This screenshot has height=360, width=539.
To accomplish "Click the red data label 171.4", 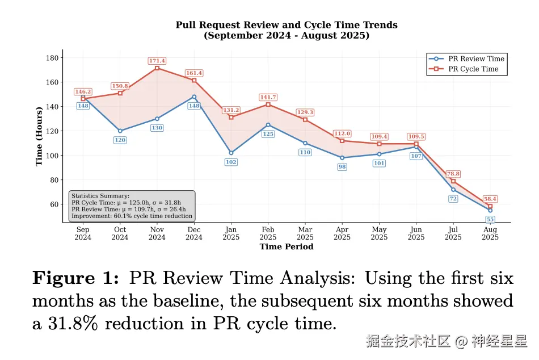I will click(x=157, y=61).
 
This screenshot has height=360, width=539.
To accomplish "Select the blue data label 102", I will click(x=231, y=162).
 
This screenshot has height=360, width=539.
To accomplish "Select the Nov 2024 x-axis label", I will click(x=157, y=233).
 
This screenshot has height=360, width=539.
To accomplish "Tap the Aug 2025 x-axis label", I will click(x=490, y=233).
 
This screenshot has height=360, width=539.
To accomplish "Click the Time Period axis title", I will click(x=287, y=246).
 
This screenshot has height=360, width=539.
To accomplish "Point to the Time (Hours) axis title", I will click(x=39, y=135).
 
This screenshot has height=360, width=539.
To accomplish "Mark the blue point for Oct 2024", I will click(x=120, y=131).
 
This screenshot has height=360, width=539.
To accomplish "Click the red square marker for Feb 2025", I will click(x=268, y=104).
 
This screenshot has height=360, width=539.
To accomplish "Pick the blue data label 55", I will click(x=490, y=219).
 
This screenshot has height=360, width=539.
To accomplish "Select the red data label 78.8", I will click(x=453, y=174).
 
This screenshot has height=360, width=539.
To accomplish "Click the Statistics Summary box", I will click(x=131, y=206).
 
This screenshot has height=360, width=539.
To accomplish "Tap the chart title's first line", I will click(x=287, y=25).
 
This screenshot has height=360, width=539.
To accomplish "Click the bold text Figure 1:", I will click(x=76, y=278).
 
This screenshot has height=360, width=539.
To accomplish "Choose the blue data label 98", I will click(x=342, y=167).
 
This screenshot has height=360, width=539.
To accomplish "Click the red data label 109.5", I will click(x=416, y=137).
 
